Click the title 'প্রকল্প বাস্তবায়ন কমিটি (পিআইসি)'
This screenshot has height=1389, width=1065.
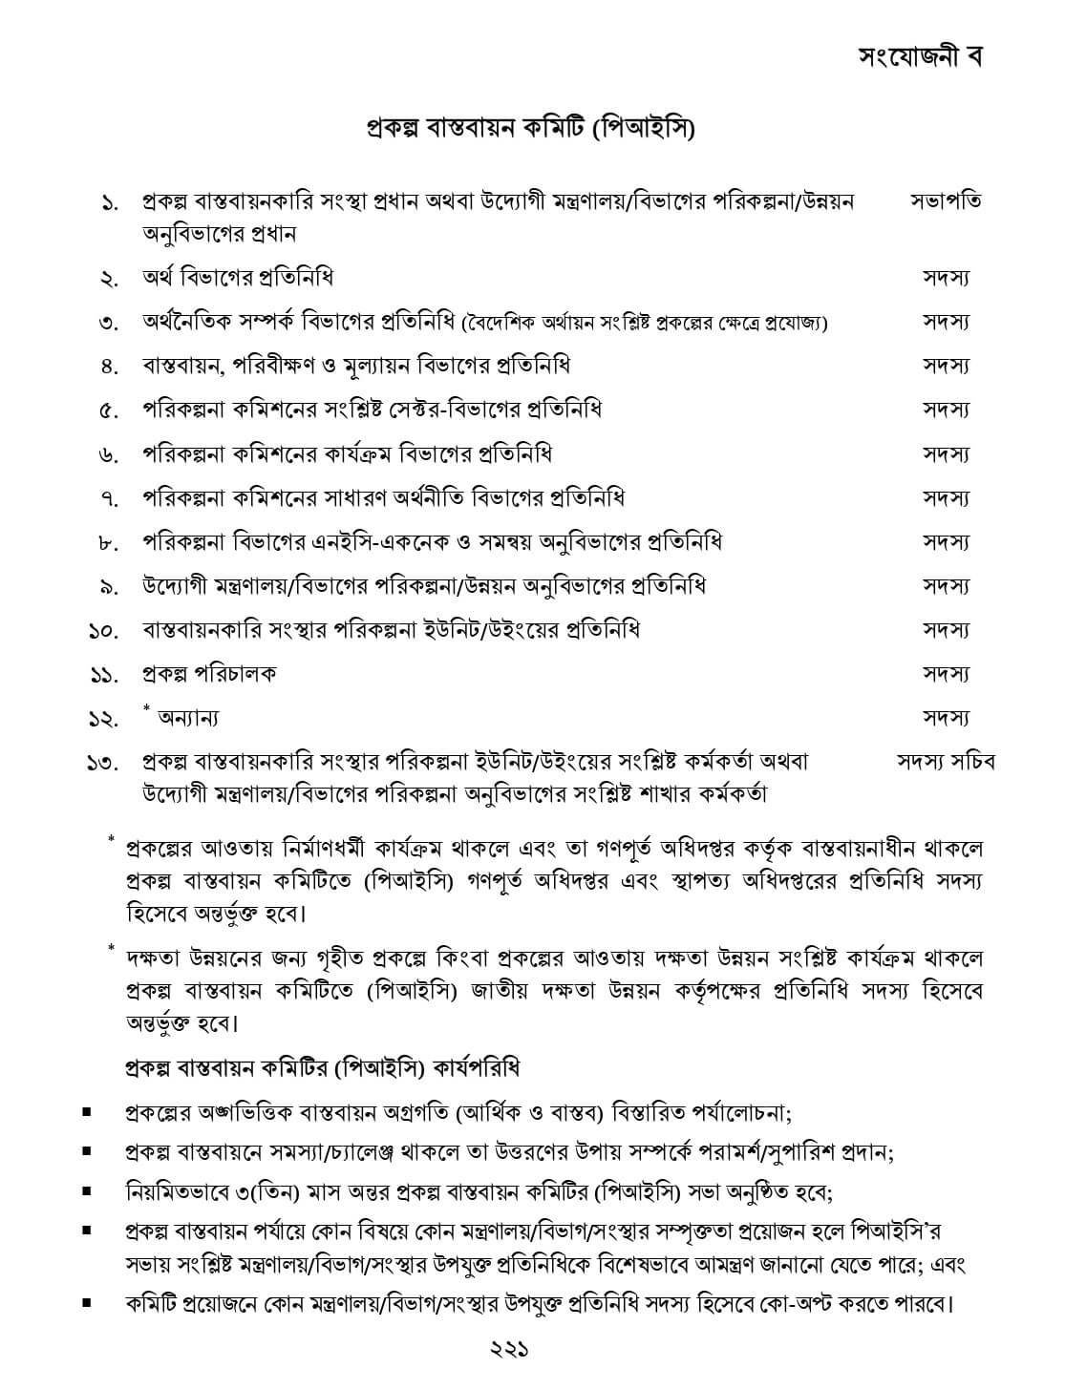point(531,127)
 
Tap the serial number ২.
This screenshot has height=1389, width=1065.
point(108,280)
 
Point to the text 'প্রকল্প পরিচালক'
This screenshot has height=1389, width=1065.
point(209,674)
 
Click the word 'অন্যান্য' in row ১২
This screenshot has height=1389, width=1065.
point(188,718)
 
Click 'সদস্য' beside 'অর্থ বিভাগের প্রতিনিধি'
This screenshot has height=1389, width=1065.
point(946,278)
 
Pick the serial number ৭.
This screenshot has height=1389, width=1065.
point(108,499)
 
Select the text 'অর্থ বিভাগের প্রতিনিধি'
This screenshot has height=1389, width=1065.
point(238,278)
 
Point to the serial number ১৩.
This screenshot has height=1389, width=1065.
point(103,763)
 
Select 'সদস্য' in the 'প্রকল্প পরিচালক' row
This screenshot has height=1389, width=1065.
point(946,674)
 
